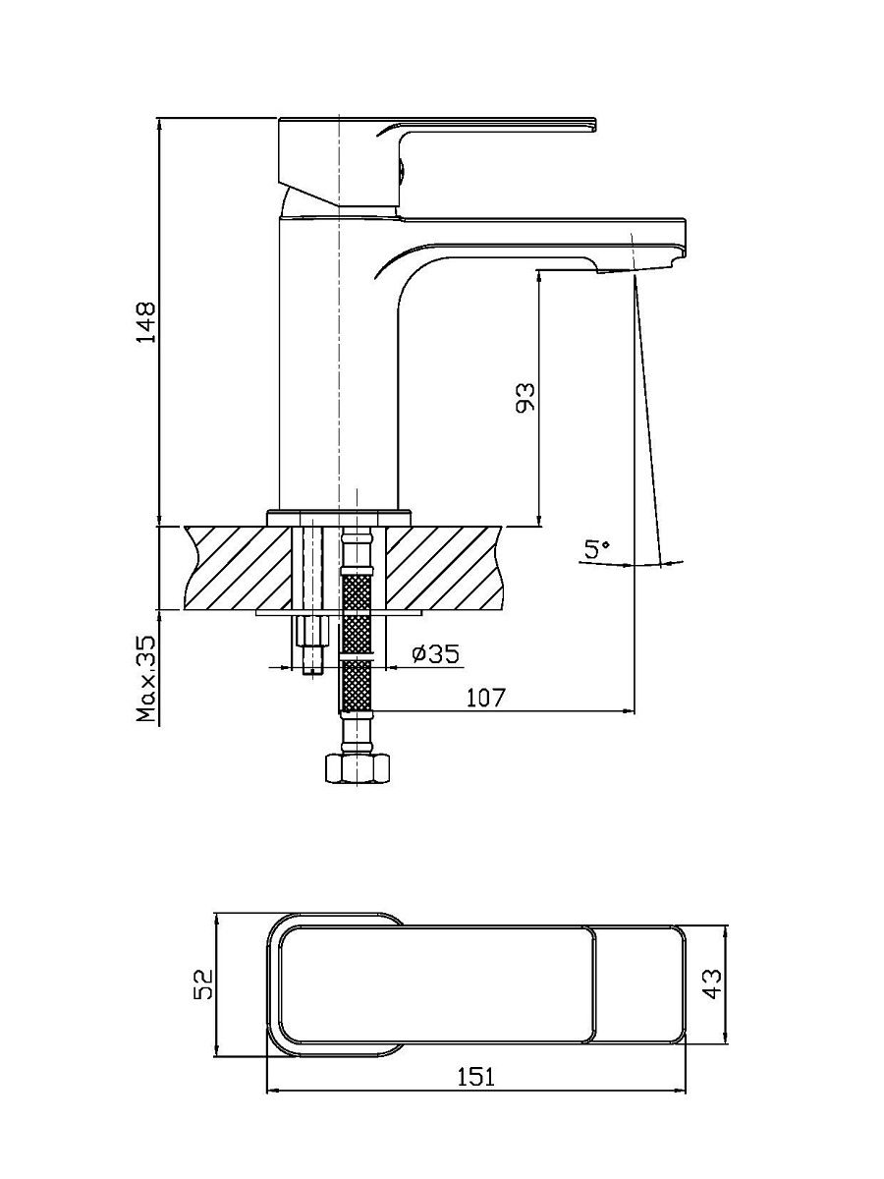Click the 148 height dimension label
[146, 321]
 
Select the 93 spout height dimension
[525, 397]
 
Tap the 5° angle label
[597, 550]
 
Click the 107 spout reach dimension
[486, 698]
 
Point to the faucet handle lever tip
[594, 124]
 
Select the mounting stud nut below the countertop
[310, 632]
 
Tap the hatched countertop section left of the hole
[239, 568]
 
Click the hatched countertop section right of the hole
[445, 568]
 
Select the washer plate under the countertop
[339, 612]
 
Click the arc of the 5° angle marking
[632, 564]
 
